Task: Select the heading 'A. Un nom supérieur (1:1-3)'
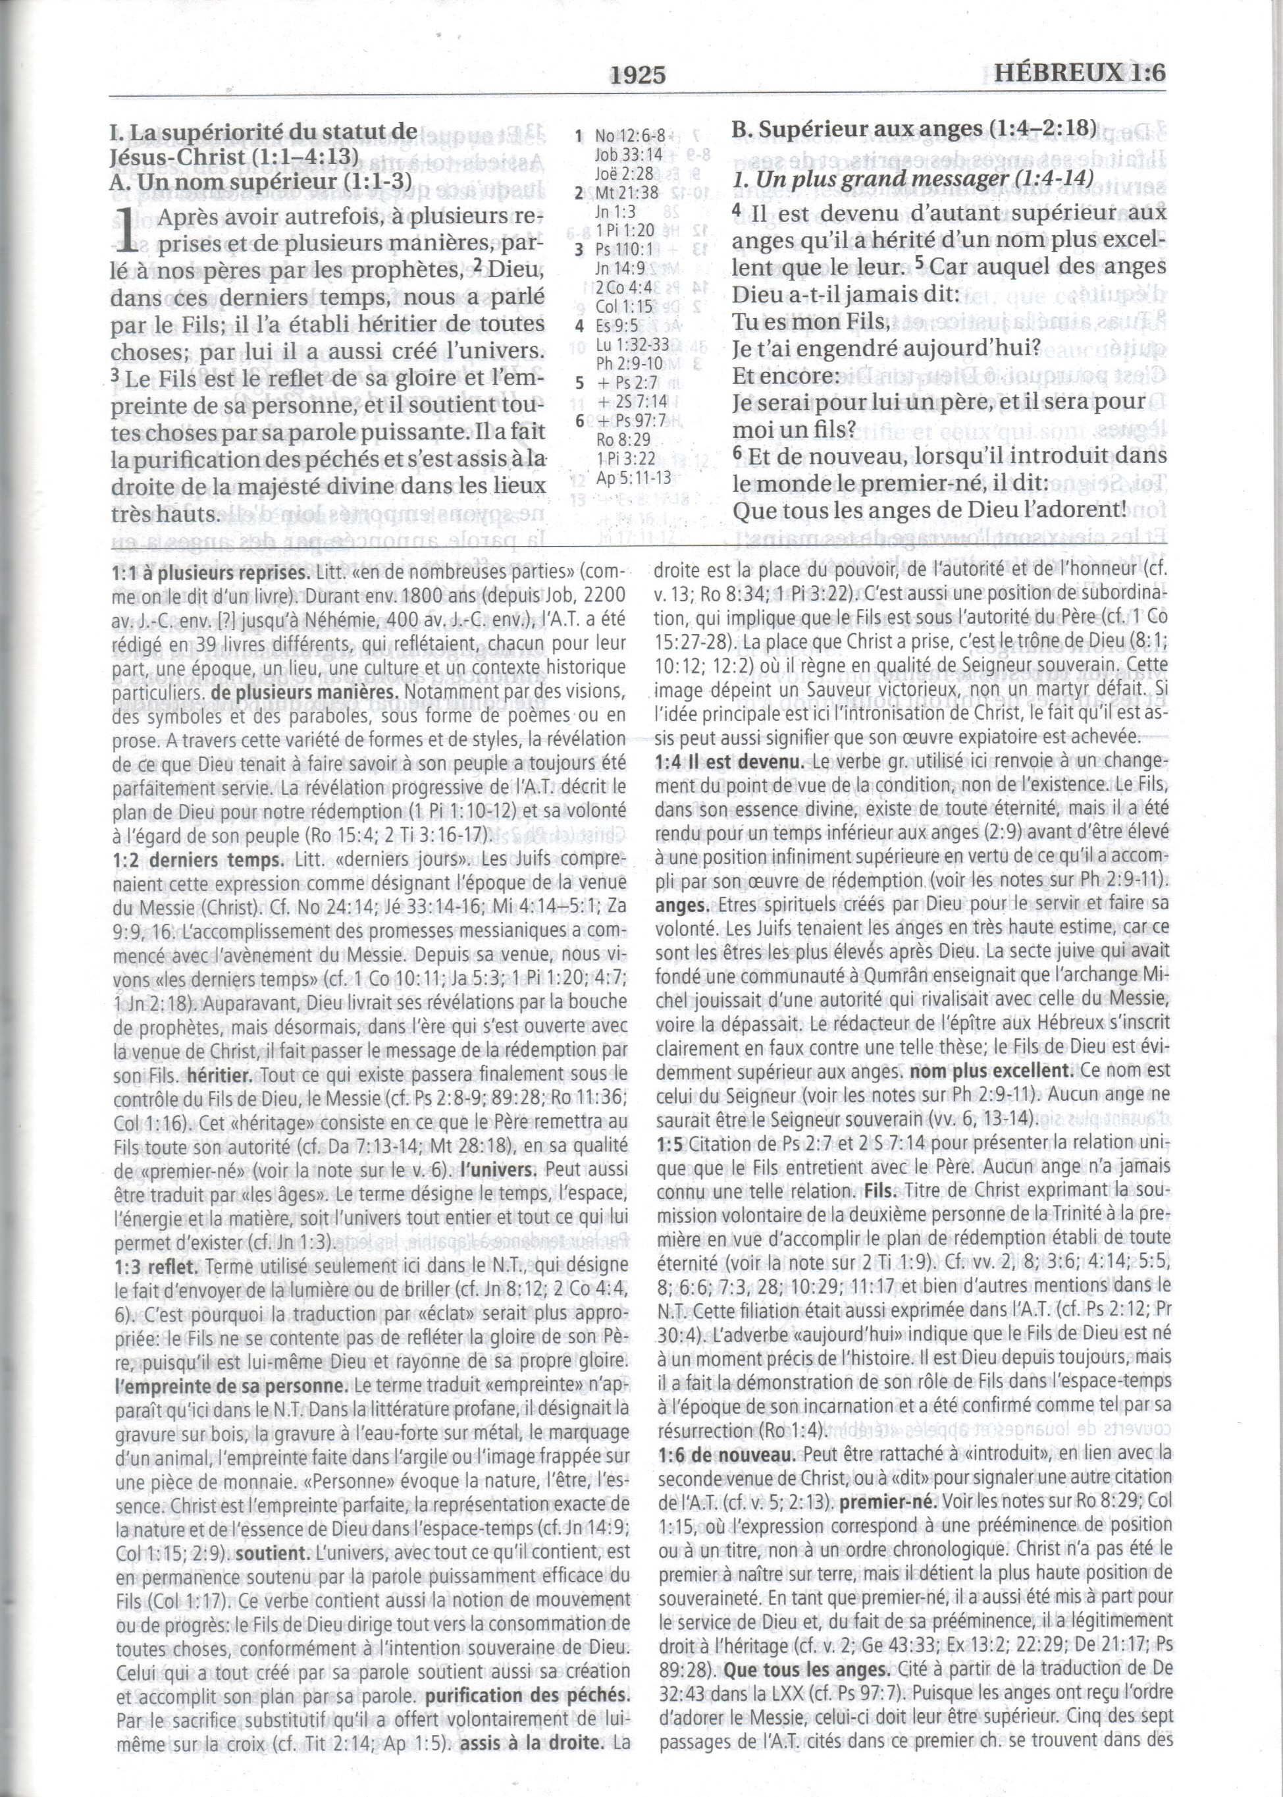click(261, 181)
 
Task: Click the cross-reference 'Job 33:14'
click(629, 155)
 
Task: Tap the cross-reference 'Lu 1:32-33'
click(633, 344)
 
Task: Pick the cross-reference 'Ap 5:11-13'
click(633, 477)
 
